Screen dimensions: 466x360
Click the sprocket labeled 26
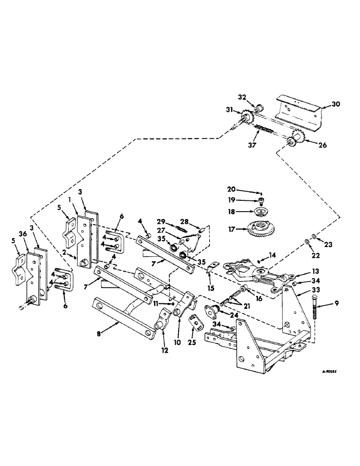[x=296, y=138]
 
